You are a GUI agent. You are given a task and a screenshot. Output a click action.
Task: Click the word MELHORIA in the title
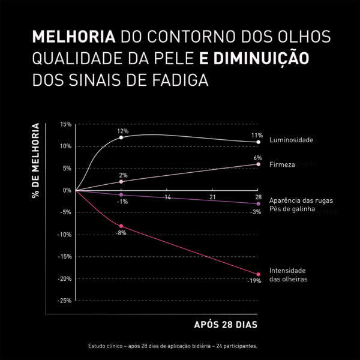73,37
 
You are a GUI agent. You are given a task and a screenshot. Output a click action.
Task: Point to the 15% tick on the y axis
65,124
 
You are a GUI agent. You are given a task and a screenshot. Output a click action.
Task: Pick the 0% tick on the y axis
67,190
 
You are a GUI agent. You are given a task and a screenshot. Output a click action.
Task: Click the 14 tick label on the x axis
167,197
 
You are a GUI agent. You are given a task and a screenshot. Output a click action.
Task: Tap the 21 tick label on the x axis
212,197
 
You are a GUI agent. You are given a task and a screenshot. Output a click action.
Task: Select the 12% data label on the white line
122,131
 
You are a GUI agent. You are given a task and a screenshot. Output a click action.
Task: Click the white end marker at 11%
258,142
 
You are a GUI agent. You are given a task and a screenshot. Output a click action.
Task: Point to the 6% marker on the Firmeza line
258,164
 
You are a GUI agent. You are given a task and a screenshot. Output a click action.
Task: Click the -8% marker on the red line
121,226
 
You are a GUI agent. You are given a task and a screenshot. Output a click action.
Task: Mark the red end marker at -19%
258,274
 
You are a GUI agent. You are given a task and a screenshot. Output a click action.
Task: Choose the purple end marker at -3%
258,204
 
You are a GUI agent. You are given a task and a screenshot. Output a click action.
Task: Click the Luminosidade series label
292,140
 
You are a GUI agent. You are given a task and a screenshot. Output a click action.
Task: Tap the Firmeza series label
282,164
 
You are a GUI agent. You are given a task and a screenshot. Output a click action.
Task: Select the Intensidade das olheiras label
289,275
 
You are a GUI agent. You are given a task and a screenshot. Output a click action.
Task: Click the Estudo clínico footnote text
173,346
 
